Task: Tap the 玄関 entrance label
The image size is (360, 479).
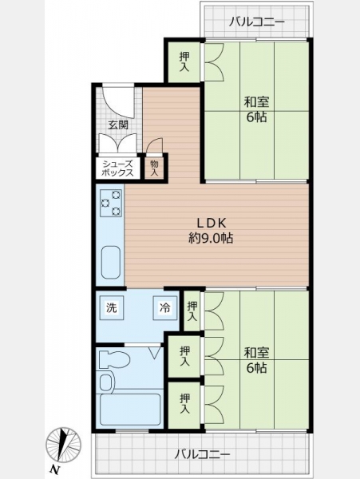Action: point(118,125)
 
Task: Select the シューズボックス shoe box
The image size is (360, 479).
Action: point(117,168)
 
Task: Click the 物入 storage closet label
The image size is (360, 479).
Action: point(155,168)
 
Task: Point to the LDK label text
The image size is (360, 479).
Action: point(211,223)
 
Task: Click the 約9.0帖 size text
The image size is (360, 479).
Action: point(211,238)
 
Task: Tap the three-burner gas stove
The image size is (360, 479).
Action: point(110,203)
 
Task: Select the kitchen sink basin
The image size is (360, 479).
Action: point(111,262)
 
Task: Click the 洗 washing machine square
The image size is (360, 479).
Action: point(112,307)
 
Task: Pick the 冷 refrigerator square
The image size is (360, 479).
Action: point(165,307)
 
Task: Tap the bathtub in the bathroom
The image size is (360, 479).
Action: point(130,410)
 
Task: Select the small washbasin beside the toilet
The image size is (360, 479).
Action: point(107,381)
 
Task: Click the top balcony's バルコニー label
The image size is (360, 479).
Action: point(257,22)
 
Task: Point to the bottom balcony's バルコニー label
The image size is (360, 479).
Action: point(202,454)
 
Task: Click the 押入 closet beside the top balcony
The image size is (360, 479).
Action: point(184,61)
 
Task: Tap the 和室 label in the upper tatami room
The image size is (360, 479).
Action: point(256,102)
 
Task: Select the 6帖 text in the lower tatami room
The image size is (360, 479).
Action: point(256,368)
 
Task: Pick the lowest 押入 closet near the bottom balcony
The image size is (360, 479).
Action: point(184,404)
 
